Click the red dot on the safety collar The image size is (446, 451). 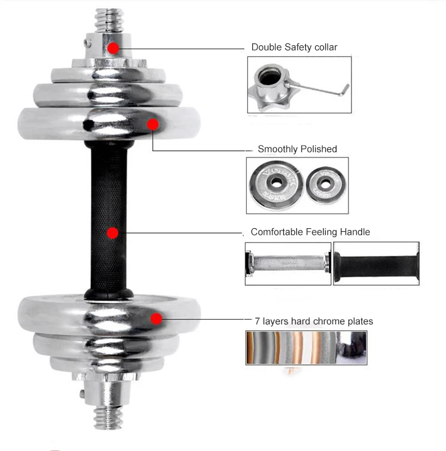point(113,47)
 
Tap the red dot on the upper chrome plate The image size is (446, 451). point(153,124)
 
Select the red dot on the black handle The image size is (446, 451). point(112,233)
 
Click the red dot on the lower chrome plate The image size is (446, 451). point(156,318)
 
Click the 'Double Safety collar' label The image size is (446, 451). point(294,47)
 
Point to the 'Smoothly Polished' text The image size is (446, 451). point(297,149)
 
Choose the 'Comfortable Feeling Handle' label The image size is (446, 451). point(310,232)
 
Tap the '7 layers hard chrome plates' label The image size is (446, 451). point(313,321)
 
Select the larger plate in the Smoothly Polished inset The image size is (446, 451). point(276,185)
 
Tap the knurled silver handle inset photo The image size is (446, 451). point(288,263)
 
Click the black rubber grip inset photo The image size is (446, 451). point(376,263)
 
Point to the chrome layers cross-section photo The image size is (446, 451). point(306,348)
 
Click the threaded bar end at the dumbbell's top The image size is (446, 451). point(109,18)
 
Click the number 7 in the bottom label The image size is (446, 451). point(257,321)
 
